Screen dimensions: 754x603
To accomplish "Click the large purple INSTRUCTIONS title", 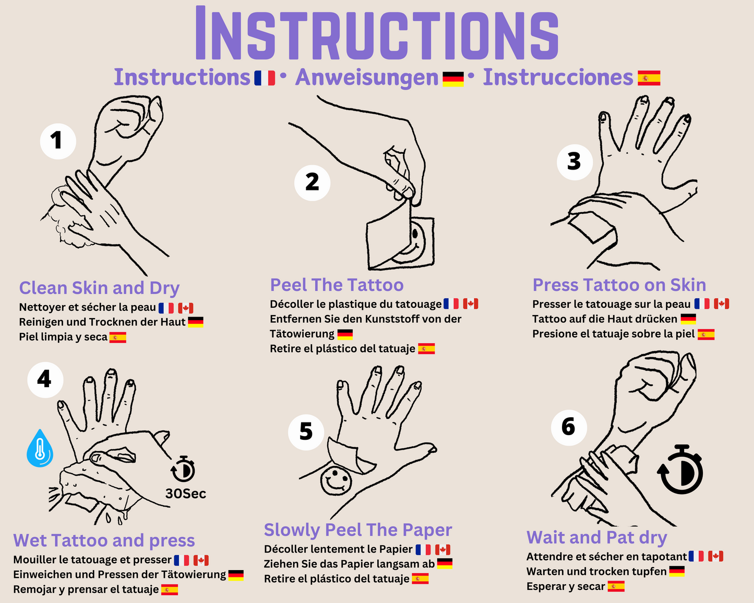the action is pyautogui.click(x=377, y=33).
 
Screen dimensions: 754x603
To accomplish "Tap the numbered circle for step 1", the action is pyautogui.click(x=58, y=141).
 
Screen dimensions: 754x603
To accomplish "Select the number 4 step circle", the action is pyautogui.click(x=45, y=380).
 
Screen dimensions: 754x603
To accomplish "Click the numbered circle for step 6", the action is pyautogui.click(x=569, y=427).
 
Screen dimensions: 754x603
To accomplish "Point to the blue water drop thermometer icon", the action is pyautogui.click(x=40, y=448).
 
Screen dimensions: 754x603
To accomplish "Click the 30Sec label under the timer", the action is pyautogui.click(x=186, y=493).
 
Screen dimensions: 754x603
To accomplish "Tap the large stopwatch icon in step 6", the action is pyautogui.click(x=680, y=469).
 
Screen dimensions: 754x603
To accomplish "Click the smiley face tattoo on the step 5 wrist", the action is pyautogui.click(x=336, y=481).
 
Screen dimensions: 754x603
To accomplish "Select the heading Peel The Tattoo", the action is pyautogui.click(x=337, y=285).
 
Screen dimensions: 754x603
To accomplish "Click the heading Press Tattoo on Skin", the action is pyautogui.click(x=619, y=285).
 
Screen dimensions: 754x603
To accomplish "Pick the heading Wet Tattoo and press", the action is pyautogui.click(x=104, y=540).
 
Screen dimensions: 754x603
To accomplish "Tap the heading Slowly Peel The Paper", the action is pyautogui.click(x=358, y=530).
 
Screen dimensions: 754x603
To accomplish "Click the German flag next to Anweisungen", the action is pyautogui.click(x=453, y=79).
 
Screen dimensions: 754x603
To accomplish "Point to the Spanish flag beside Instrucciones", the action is pyautogui.click(x=649, y=78).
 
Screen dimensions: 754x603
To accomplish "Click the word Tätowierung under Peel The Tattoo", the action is pyautogui.click(x=302, y=334).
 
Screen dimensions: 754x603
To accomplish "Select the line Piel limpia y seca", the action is pyautogui.click(x=63, y=337).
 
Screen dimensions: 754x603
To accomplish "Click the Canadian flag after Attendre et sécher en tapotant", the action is pyautogui.click(x=715, y=556).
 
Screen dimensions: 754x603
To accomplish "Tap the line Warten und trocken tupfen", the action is pyautogui.click(x=596, y=572).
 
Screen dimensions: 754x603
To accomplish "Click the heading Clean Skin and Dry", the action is pyautogui.click(x=99, y=288).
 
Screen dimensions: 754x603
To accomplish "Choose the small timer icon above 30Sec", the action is pyautogui.click(x=183, y=469).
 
